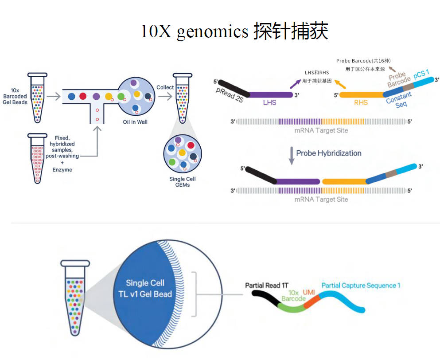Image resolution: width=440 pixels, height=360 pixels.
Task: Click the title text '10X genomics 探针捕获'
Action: click(234, 31)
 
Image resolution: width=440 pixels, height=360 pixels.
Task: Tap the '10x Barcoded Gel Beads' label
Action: click(15, 96)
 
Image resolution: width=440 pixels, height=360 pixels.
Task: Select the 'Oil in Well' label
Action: click(135, 122)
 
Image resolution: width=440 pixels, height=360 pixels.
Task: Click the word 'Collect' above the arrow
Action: click(165, 87)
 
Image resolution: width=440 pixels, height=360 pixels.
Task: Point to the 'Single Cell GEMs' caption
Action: click(183, 182)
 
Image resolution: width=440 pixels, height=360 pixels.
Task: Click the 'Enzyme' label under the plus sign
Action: click(62, 170)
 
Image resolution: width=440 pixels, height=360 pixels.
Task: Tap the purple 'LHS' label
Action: click(269, 102)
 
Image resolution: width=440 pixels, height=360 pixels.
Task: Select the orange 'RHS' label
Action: click(361, 102)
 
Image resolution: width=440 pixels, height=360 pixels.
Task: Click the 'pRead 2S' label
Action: click(230, 95)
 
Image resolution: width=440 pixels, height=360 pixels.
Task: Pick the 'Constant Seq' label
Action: click(399, 100)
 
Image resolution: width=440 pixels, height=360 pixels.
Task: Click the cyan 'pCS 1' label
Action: click(421, 74)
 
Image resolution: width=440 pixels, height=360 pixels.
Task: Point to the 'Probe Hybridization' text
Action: click(329, 153)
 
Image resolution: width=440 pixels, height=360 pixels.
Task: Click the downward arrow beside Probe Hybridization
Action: click(292, 156)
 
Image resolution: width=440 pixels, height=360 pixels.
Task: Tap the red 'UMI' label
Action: click(309, 292)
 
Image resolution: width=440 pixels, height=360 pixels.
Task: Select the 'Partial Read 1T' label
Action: click(267, 286)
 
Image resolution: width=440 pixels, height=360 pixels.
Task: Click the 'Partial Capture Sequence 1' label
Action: click(361, 286)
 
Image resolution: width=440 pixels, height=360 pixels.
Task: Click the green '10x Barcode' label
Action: click(293, 296)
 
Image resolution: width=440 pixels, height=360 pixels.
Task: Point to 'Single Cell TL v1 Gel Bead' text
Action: click(145, 288)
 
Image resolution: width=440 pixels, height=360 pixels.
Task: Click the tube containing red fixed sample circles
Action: click(37, 158)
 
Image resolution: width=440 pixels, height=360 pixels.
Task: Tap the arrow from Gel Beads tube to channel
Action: click(54, 97)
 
